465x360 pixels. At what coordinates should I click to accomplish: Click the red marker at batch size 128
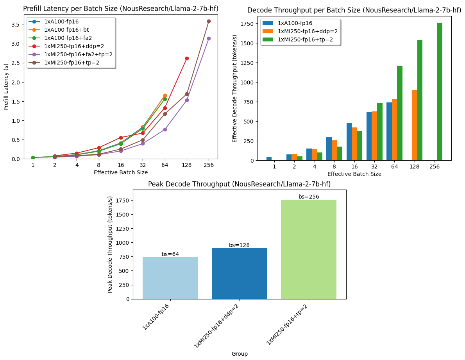(187, 58)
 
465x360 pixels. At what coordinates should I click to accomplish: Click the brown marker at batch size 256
(209, 21)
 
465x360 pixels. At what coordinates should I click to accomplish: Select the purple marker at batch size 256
(209, 38)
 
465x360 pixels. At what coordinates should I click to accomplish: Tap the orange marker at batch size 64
(165, 95)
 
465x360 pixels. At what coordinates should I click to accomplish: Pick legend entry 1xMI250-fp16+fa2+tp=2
(78, 54)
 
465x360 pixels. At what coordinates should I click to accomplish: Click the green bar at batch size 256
(440, 91)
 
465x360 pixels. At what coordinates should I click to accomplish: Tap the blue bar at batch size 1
(269, 159)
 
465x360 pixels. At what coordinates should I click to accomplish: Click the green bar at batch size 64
(400, 113)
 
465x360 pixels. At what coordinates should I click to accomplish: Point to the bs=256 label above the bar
(309, 197)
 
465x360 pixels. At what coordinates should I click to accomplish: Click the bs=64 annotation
(170, 254)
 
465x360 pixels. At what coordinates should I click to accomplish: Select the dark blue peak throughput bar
(240, 274)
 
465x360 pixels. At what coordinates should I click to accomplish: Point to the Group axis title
(240, 354)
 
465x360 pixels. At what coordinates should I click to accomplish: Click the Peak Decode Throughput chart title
(239, 184)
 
